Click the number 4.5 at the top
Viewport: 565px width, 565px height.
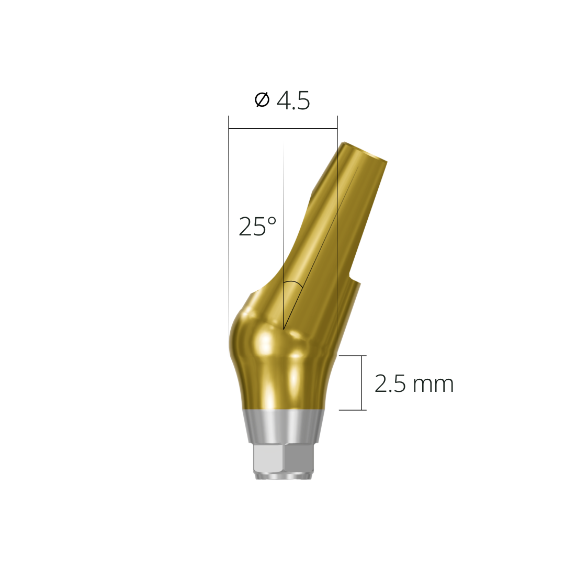point(293,100)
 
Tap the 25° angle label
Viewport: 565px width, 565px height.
point(257,227)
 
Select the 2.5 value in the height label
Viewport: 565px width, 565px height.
point(391,384)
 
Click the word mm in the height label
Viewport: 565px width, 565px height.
point(433,385)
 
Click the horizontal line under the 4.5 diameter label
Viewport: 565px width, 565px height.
point(282,129)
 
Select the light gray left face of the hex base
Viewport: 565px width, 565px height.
point(268,458)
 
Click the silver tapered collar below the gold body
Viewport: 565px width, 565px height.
point(282,426)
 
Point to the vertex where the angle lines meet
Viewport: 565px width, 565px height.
point(284,330)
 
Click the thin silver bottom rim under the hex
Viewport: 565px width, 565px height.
point(282,476)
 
